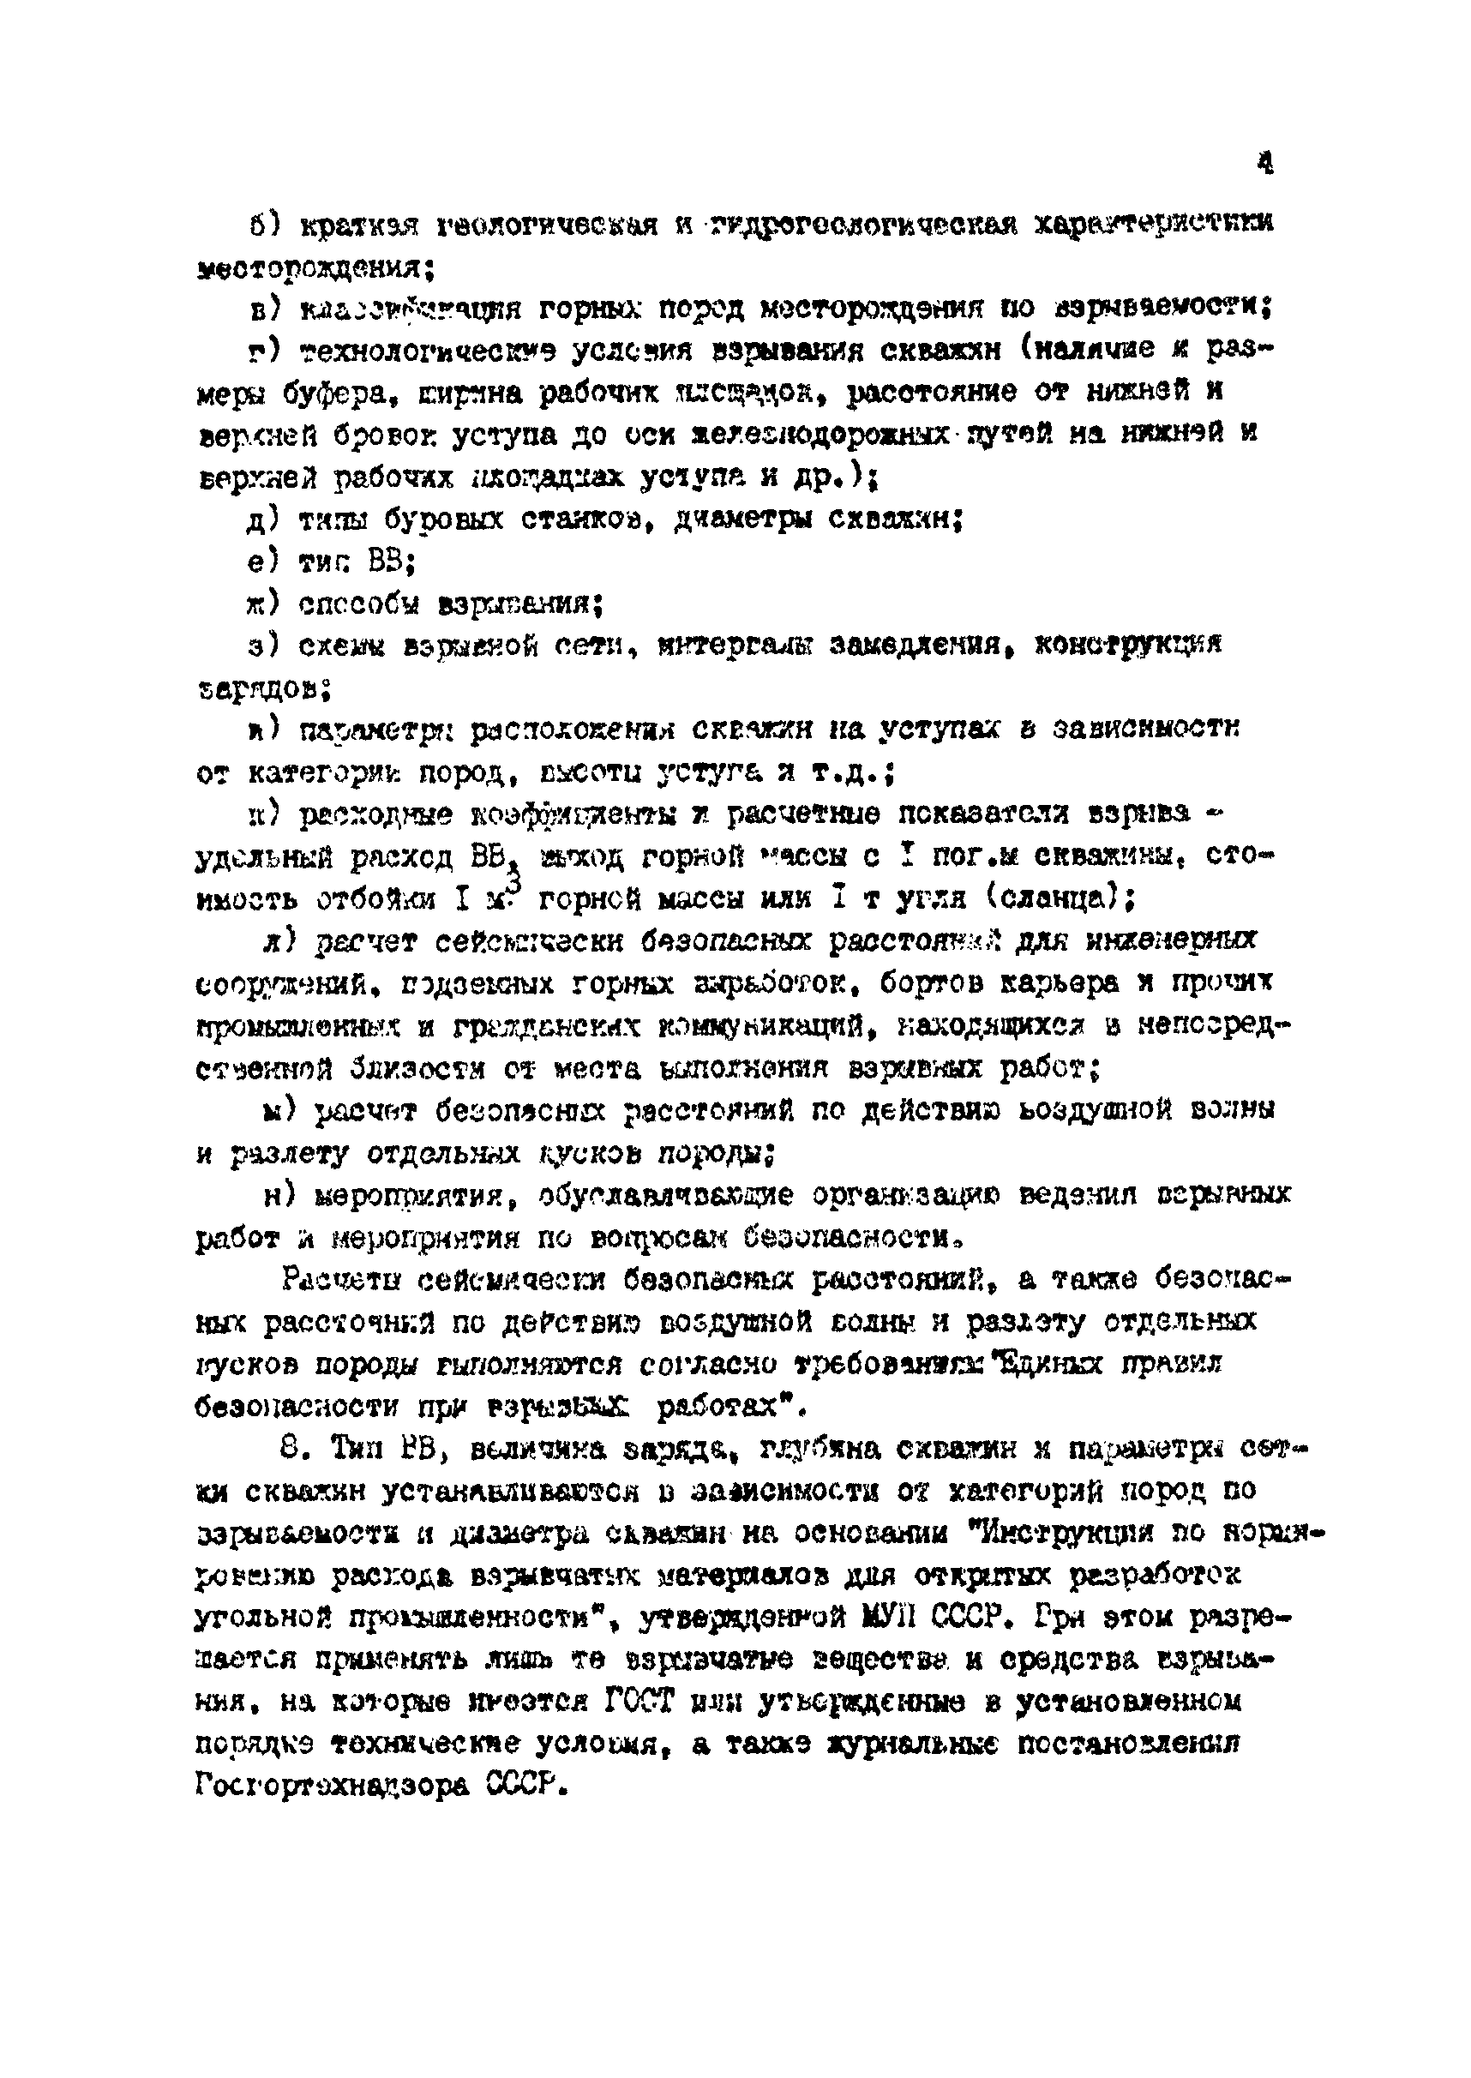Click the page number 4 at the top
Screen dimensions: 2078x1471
coord(1265,163)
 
